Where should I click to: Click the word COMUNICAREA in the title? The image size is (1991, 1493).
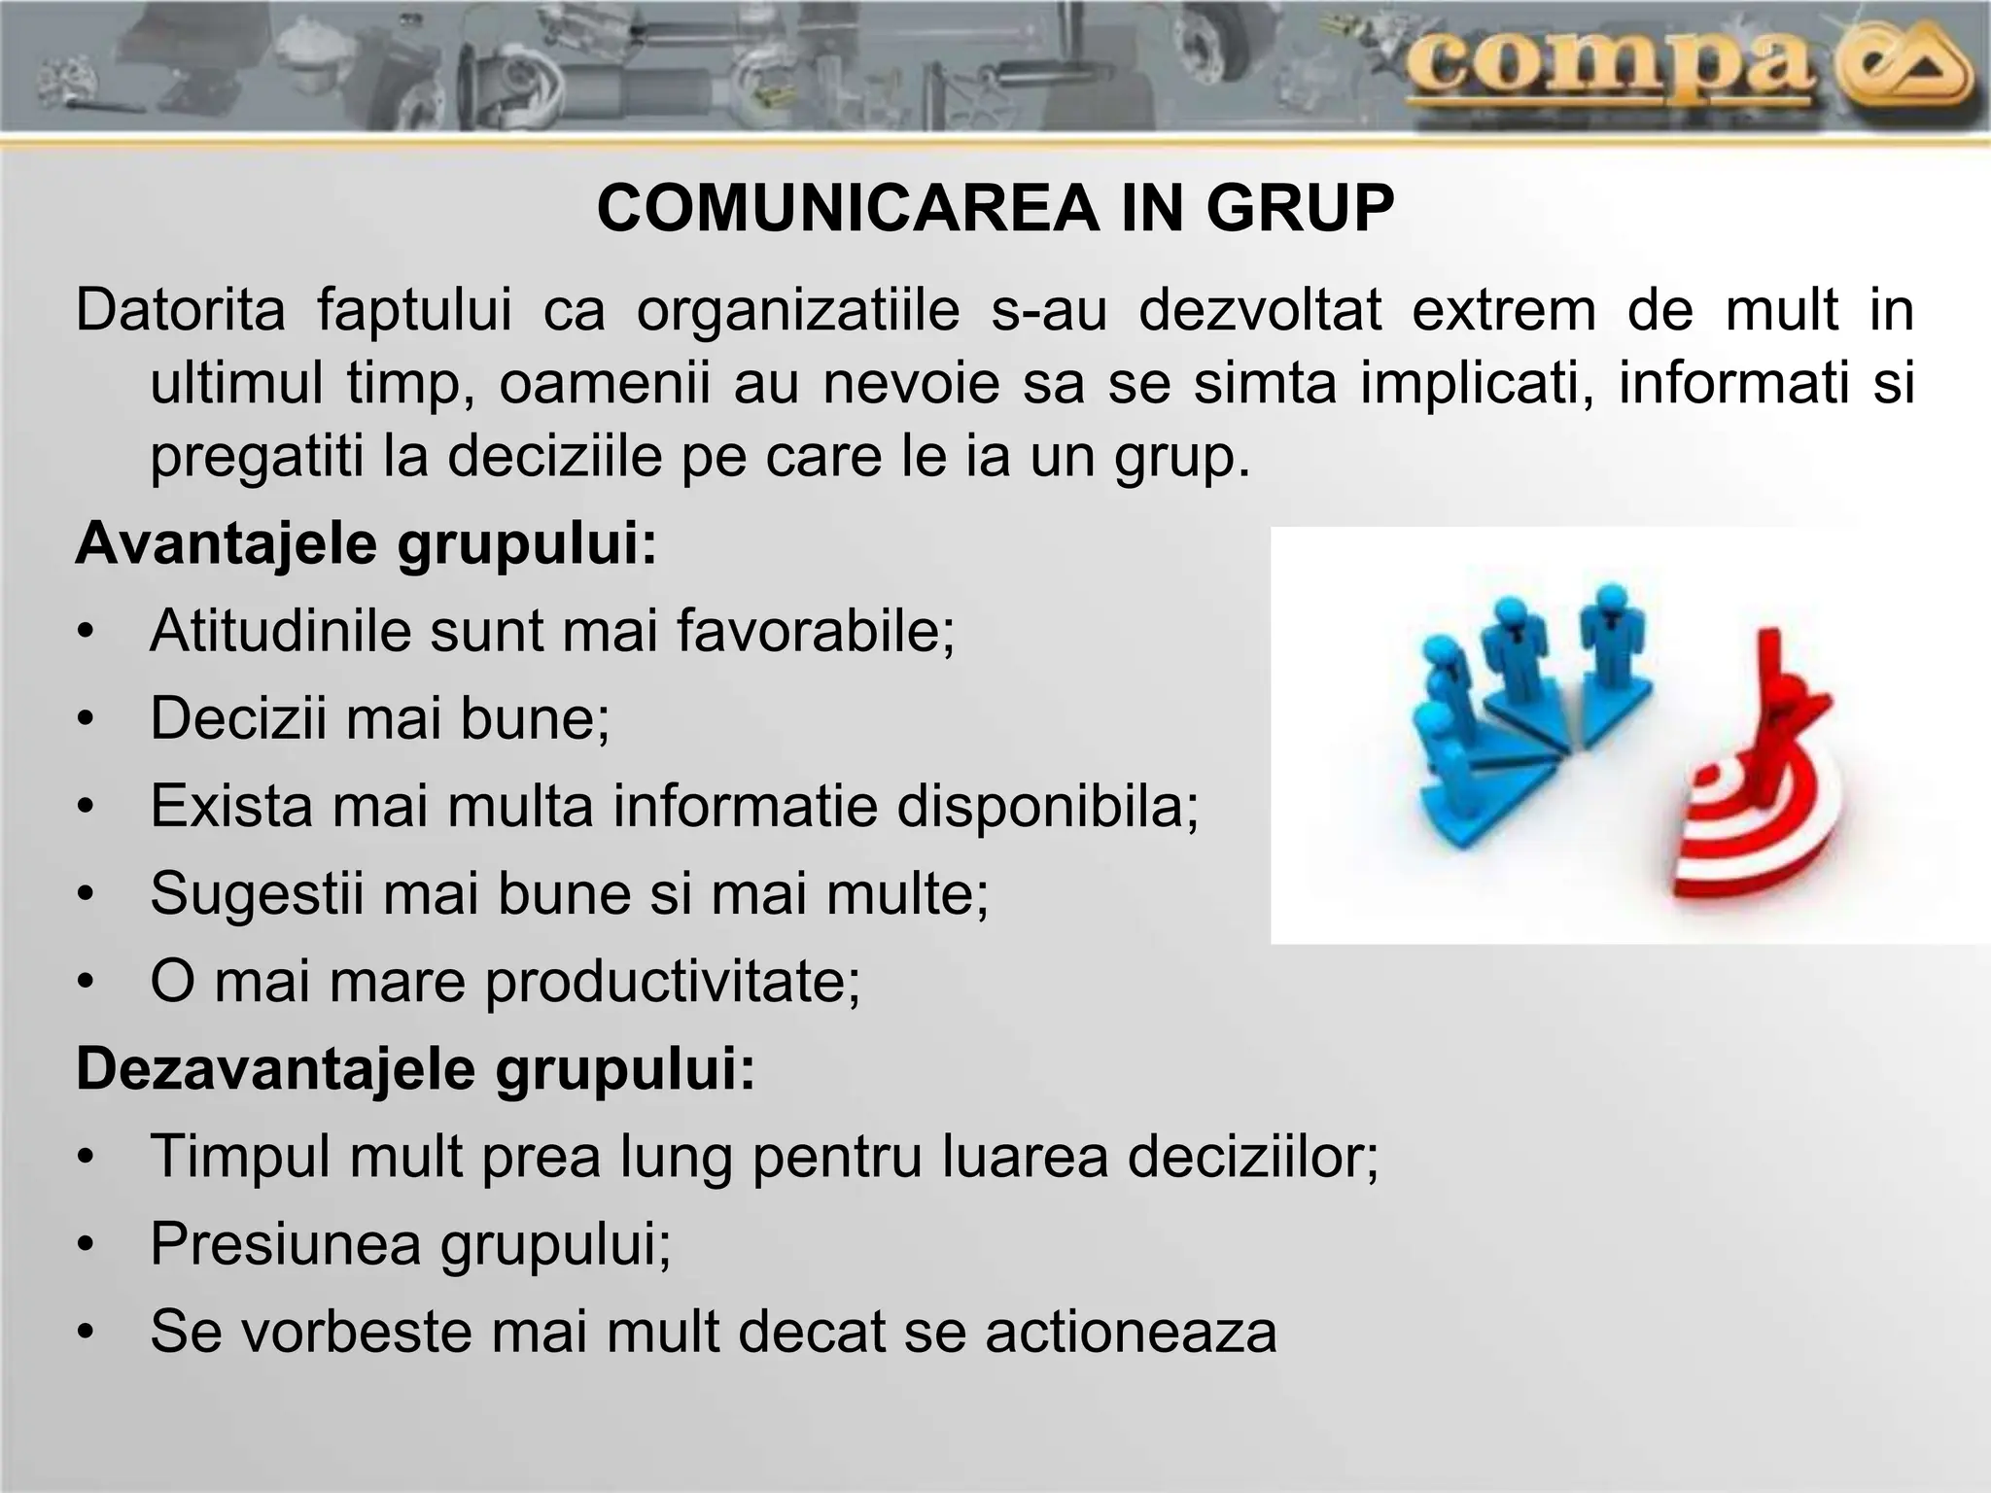pyautogui.click(x=847, y=209)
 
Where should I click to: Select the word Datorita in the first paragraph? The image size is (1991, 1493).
pyautogui.click(x=181, y=311)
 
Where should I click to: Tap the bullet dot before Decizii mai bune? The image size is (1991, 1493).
pyautogui.click(x=87, y=720)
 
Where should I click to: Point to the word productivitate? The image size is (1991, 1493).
pyautogui.click(x=671, y=983)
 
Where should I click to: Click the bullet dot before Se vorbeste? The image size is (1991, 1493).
pyautogui.click(x=87, y=1333)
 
